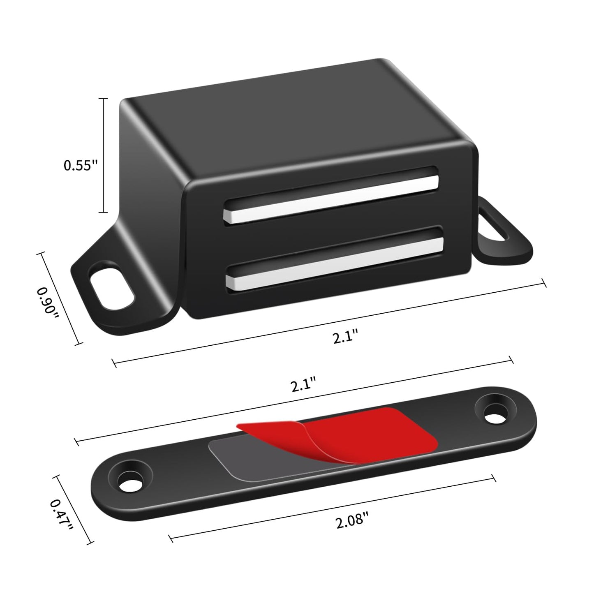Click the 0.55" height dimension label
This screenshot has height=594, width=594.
81,166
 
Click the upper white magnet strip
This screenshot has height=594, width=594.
331,199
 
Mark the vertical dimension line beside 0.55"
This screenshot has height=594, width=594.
104,156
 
